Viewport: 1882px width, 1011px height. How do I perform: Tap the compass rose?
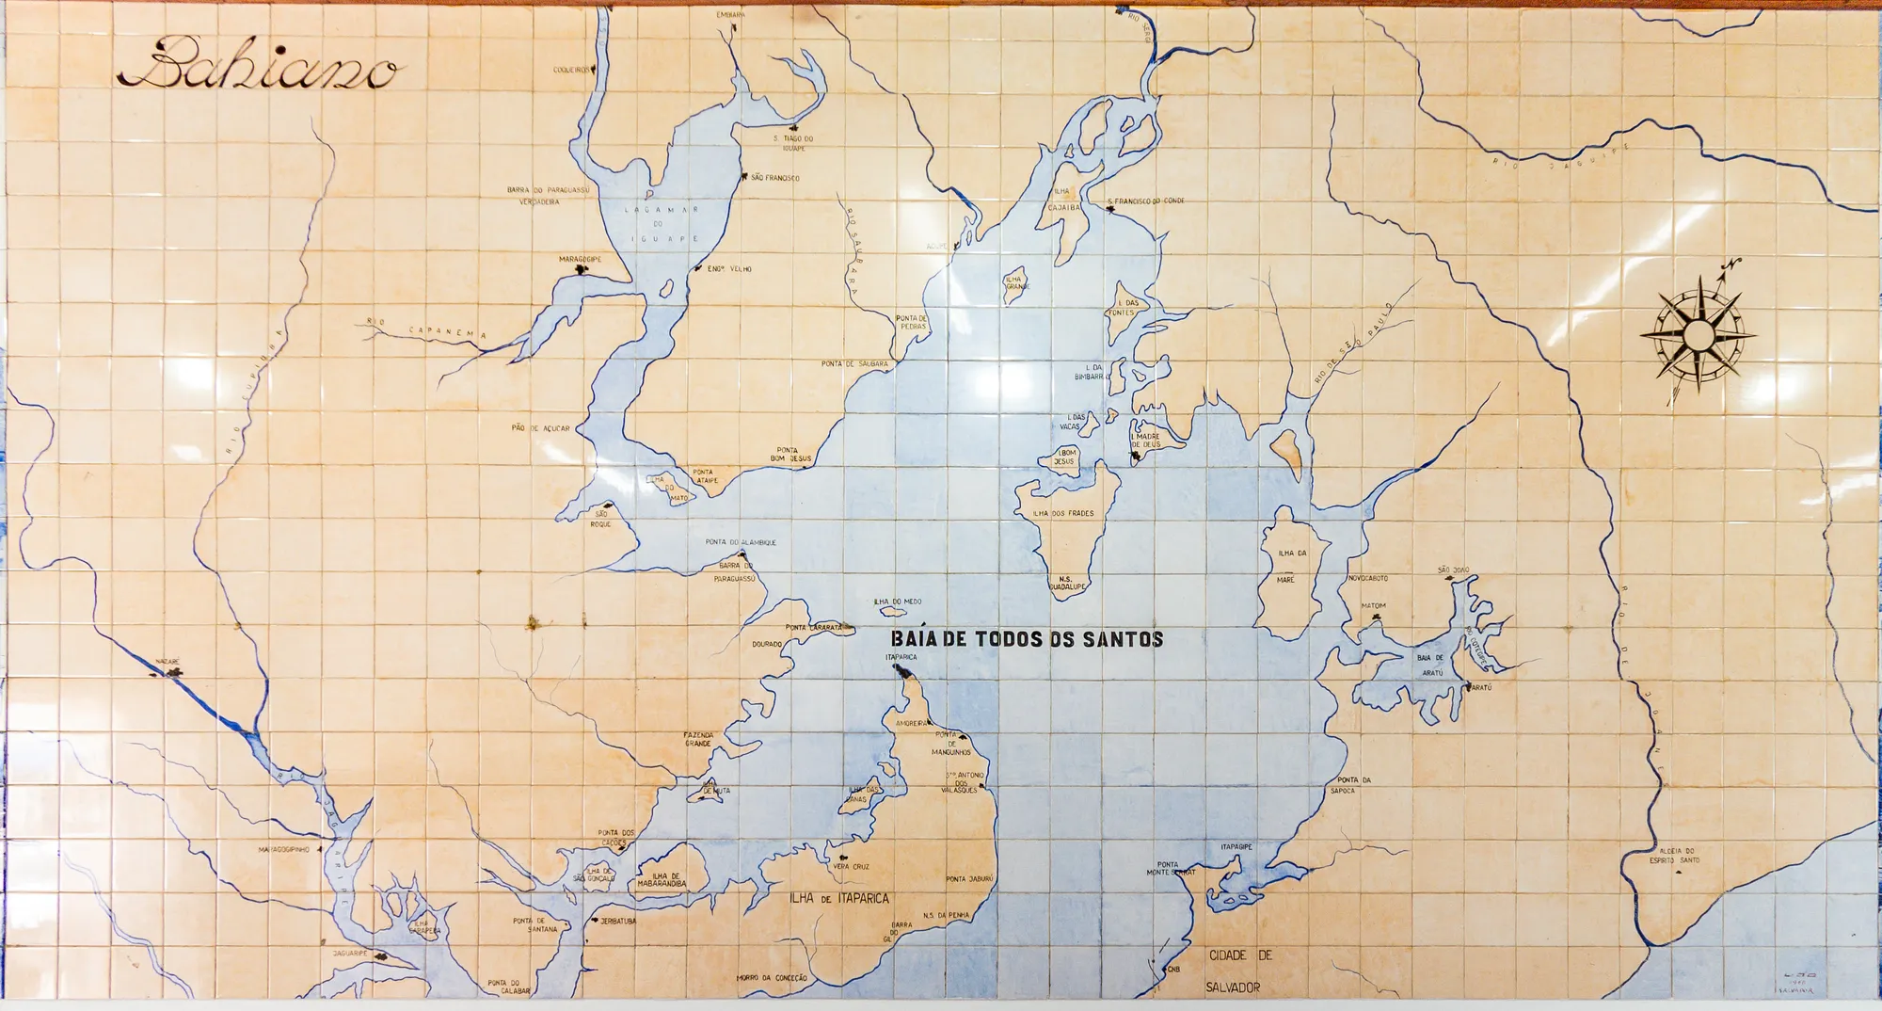(x=1699, y=332)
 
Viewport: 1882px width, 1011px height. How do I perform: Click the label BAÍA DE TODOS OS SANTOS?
(x=1027, y=639)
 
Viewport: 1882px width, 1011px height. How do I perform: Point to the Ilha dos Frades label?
(x=1063, y=513)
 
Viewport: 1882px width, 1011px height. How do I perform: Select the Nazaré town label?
(x=166, y=662)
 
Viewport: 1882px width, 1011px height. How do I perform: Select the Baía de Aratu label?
(x=1430, y=664)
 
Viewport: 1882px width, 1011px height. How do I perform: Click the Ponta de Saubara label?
(x=853, y=363)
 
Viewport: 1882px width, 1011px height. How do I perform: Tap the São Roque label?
(x=600, y=519)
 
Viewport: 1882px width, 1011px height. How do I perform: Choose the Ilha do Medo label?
(x=898, y=602)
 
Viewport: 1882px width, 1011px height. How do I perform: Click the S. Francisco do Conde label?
(x=1145, y=201)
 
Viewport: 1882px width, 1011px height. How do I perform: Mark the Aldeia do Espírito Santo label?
(x=1674, y=855)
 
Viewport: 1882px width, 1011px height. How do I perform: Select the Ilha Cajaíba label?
(x=1063, y=200)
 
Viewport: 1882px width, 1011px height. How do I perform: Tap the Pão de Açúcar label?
(x=540, y=428)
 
